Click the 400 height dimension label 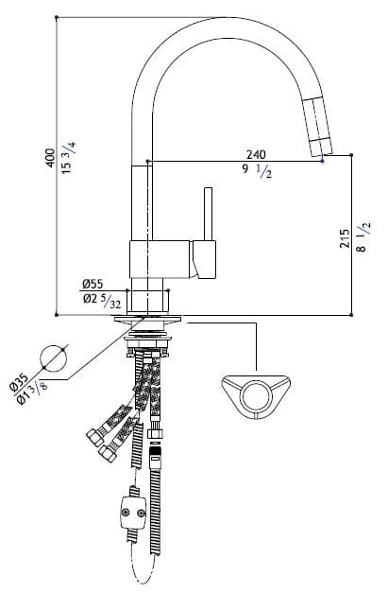tap(50, 158)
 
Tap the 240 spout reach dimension tap(256, 154)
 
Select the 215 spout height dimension tap(345, 238)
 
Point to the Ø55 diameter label tap(93, 284)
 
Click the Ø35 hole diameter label tap(19, 382)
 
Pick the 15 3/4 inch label tap(69, 157)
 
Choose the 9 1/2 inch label tap(257, 170)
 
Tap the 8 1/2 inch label tap(363, 237)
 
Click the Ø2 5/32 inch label tap(102, 300)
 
